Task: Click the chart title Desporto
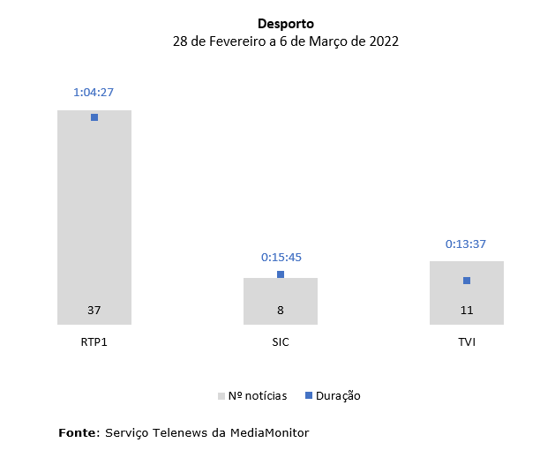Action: pos(286,24)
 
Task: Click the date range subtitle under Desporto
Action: pos(286,41)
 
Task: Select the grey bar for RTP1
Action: pos(94,212)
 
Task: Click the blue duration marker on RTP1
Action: pos(94,117)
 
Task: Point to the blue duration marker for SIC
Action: pos(281,274)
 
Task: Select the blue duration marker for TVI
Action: pos(467,281)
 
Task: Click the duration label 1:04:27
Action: pos(94,92)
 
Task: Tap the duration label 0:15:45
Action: pos(281,258)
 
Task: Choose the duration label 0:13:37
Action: pos(467,244)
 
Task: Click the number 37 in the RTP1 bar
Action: pos(94,311)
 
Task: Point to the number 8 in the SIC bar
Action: pos(281,311)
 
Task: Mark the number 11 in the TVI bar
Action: pos(467,311)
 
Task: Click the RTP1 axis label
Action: pos(94,342)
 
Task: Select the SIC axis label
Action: pos(281,342)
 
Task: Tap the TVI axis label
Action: pos(467,342)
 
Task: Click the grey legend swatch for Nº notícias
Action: pos(221,396)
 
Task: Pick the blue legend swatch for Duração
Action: pos(309,396)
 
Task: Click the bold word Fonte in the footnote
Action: pos(79,432)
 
